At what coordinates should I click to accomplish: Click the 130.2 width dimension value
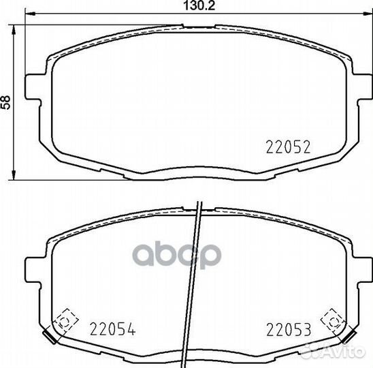(199, 5)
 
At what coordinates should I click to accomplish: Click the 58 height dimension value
(5, 102)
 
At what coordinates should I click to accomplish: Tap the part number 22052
(289, 147)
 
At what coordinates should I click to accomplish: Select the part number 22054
(113, 329)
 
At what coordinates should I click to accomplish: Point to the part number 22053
(289, 329)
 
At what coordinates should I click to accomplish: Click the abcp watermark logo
(177, 256)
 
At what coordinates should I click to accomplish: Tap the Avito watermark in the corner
(333, 351)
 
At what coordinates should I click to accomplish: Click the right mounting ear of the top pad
(363, 87)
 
